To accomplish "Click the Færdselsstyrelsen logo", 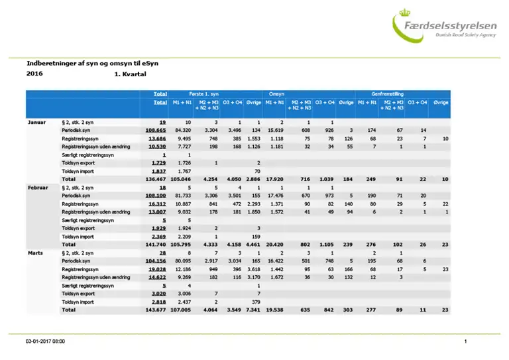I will tap(445, 27).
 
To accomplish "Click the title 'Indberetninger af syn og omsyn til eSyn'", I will tap(92, 63).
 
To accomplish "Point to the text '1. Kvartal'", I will tap(130, 75).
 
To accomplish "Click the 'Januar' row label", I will tap(36, 123).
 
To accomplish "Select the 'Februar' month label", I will tap(37, 188).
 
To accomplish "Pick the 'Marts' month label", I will tap(35, 253).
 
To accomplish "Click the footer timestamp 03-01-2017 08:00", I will tap(45, 341).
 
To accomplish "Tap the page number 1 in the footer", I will tap(466, 341).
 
